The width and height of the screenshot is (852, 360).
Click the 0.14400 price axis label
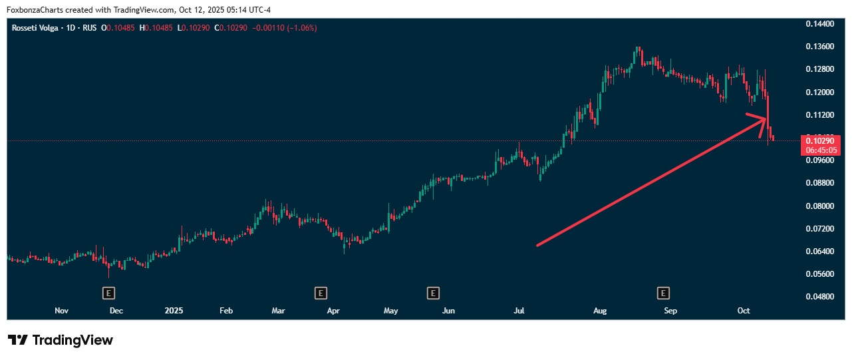[x=819, y=24]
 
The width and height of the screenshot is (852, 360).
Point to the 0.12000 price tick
[x=819, y=92]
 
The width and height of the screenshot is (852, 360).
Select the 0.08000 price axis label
[x=819, y=206]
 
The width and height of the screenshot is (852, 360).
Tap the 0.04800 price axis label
[x=819, y=297]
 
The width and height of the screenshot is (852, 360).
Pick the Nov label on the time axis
[x=61, y=311]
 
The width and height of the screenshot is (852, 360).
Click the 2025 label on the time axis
[x=174, y=311]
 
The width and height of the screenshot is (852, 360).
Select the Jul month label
[x=519, y=311]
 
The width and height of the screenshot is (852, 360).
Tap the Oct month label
[x=744, y=311]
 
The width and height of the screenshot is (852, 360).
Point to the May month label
[x=391, y=311]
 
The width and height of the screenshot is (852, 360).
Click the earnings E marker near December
[x=108, y=293]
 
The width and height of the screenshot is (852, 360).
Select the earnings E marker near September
[x=662, y=293]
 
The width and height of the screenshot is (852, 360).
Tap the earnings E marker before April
[x=321, y=293]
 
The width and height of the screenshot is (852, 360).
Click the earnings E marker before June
[x=433, y=293]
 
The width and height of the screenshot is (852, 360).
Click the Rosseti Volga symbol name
[x=35, y=28]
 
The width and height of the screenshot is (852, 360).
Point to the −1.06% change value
[x=302, y=28]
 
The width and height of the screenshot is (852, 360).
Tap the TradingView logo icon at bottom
[x=18, y=340]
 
